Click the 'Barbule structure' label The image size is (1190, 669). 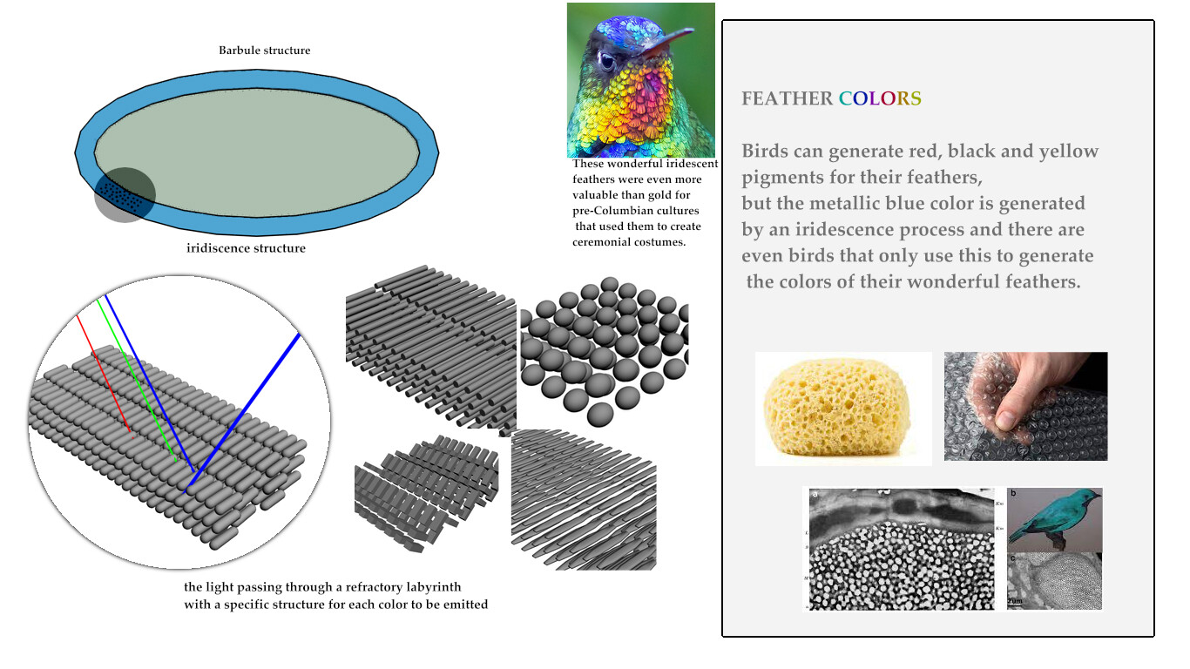(x=265, y=51)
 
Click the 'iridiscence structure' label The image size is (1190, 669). (x=246, y=248)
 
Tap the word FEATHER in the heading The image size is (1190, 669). (x=787, y=98)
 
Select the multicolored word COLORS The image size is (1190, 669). (x=880, y=98)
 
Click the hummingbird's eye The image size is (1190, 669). (x=606, y=61)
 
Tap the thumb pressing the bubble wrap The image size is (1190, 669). (x=1009, y=416)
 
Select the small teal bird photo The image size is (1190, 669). (x=1054, y=520)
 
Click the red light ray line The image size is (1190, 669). (x=105, y=374)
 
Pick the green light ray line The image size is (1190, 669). (x=137, y=380)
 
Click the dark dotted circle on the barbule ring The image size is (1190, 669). (x=125, y=195)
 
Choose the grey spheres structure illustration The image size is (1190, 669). (x=605, y=351)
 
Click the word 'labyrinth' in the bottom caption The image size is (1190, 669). (x=435, y=587)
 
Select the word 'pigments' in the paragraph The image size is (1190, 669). (x=782, y=178)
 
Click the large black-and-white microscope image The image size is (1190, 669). (x=902, y=549)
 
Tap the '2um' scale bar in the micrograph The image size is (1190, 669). (x=1015, y=602)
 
